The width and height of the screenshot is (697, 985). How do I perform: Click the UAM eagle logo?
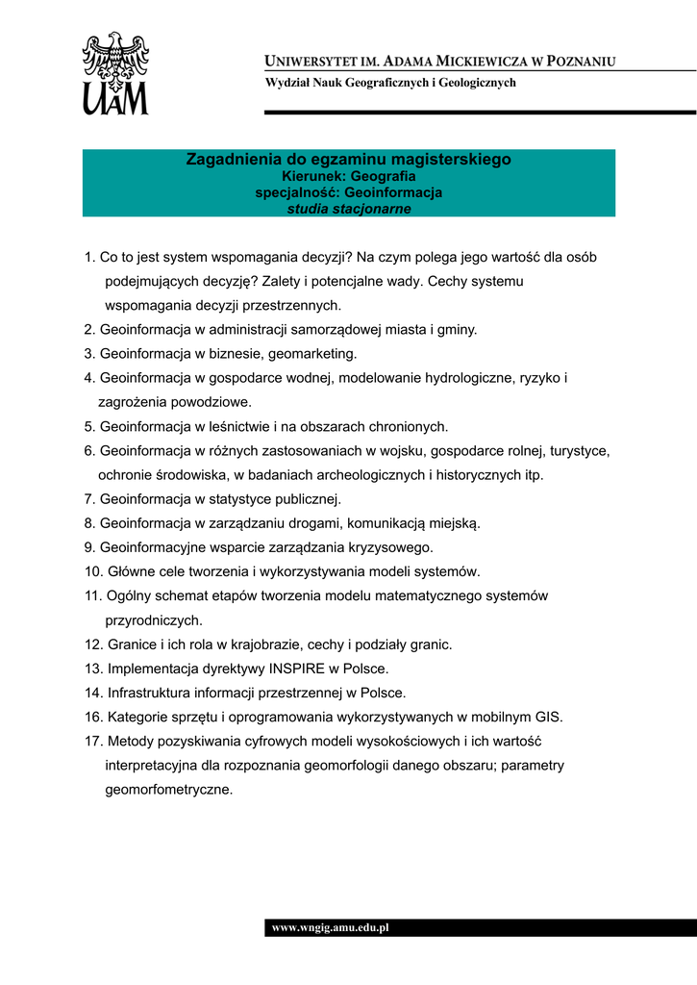(115, 73)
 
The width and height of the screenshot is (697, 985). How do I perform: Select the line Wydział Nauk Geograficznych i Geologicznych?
(390, 83)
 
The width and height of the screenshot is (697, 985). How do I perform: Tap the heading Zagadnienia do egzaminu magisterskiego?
(348, 160)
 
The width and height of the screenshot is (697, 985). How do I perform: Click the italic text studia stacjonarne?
(349, 209)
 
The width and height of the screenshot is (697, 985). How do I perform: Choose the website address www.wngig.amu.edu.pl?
(330, 928)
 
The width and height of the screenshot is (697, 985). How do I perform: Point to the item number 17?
(93, 741)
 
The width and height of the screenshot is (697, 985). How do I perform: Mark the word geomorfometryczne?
(168, 790)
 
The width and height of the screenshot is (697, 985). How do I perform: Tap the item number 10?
(93, 571)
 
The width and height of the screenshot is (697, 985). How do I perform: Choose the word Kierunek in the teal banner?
(313, 177)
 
